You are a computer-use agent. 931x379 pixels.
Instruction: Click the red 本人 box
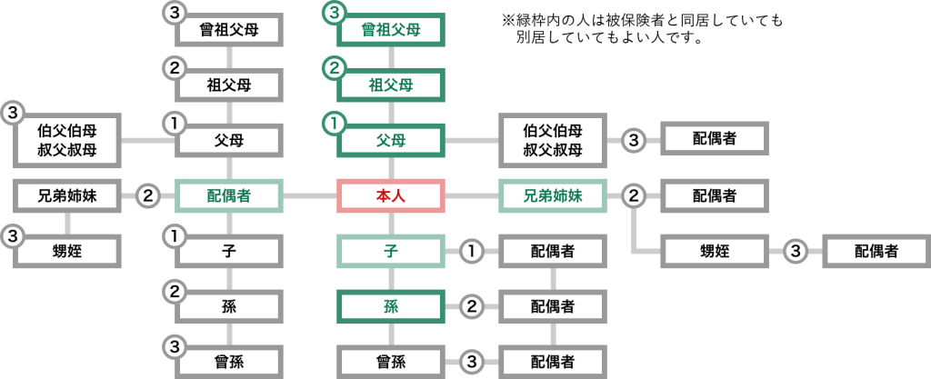391,195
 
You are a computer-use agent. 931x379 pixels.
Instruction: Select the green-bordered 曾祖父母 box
391,30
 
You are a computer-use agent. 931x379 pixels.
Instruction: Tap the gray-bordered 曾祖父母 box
229,30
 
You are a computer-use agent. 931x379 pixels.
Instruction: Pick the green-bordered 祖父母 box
391,85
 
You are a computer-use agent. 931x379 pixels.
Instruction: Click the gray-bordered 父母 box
229,141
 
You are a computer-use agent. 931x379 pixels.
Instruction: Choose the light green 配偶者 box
229,195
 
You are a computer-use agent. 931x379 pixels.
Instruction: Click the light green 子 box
391,250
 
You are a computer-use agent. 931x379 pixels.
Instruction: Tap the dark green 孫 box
391,305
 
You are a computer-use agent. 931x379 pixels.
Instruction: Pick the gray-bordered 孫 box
229,305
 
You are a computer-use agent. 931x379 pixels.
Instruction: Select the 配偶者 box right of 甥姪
876,250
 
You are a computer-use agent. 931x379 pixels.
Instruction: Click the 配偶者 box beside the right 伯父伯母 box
715,141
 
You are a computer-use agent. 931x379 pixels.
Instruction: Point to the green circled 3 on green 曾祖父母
335,14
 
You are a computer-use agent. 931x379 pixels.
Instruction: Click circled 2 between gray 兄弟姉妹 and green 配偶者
149,195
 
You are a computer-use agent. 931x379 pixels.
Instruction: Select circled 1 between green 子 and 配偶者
472,250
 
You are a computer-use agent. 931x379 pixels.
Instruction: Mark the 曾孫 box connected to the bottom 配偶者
391,361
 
